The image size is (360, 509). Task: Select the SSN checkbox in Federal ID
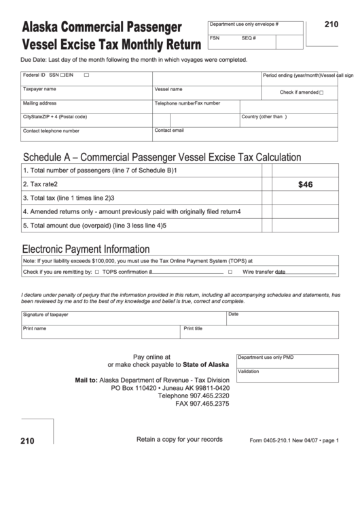62,75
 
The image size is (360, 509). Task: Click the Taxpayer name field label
39,89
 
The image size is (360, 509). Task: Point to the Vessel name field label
168,89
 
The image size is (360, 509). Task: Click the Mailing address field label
39,103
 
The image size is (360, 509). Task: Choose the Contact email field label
169,130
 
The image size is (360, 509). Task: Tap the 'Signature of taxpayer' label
46,315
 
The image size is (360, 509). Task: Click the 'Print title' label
194,328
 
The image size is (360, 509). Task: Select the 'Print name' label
35,328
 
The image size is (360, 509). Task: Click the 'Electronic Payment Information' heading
86,249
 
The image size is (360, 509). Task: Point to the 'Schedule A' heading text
162,158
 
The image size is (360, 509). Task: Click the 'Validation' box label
249,372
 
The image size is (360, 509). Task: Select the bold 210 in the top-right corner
331,24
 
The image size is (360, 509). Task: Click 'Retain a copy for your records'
179,440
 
